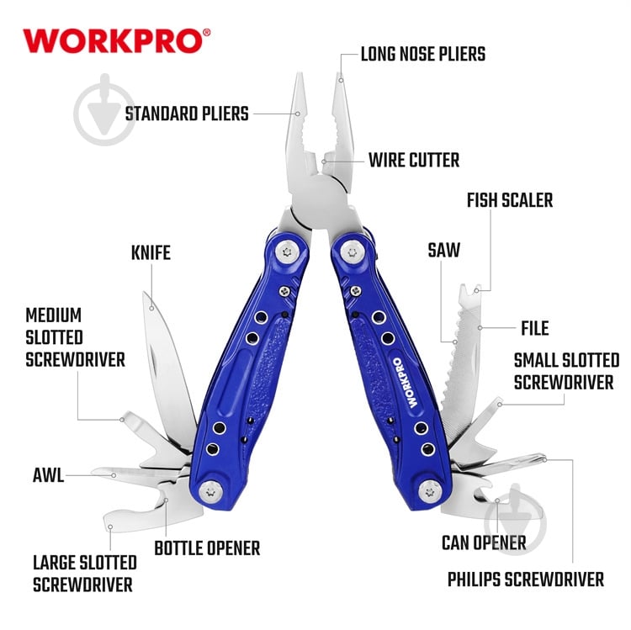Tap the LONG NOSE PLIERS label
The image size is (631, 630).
point(423,55)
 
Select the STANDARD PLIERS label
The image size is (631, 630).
point(187,114)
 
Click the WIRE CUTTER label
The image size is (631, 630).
point(413,160)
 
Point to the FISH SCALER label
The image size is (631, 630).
point(510,200)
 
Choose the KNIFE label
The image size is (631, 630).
point(151,252)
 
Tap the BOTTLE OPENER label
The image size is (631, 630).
point(207,548)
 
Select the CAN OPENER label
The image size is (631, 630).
point(484,543)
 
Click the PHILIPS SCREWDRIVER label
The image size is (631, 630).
point(526,580)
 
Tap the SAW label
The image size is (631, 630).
point(443,250)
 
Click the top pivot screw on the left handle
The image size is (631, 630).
point(286,251)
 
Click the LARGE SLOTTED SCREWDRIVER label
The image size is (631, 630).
point(84,573)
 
